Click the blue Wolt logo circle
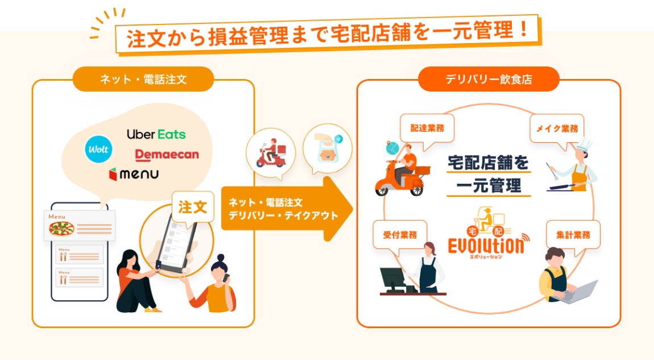(98, 150)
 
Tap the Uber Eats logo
(156, 135)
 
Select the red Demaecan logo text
(167, 154)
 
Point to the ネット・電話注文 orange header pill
(143, 79)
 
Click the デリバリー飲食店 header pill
(489, 79)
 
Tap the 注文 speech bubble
(193, 207)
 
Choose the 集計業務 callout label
(573, 234)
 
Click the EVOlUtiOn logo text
(485, 247)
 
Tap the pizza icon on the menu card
(61, 229)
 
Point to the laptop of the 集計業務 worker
(582, 291)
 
